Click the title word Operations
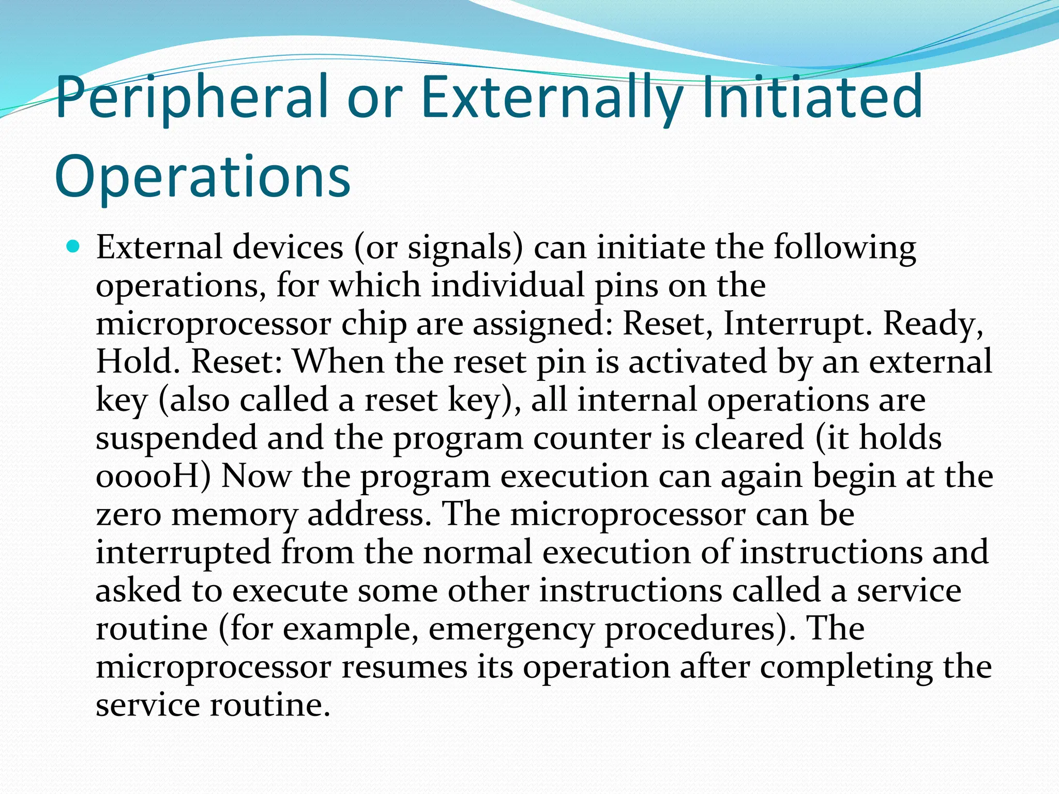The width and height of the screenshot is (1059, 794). point(202,177)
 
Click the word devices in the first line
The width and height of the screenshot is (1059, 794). point(288,248)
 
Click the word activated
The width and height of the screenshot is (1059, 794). point(698,361)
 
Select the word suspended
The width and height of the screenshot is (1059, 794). point(176,439)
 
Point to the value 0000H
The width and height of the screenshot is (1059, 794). point(153,476)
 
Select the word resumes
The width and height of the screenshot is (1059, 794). point(404,667)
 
